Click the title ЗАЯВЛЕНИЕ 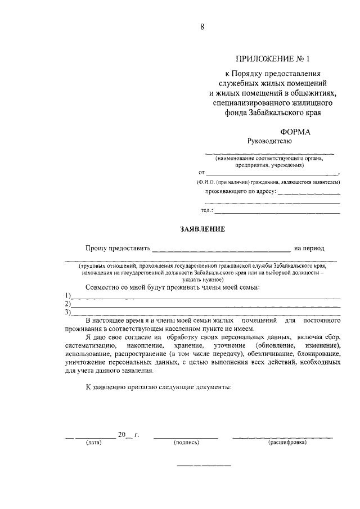(202, 229)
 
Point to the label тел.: (207, 210)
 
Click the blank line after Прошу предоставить (221, 249)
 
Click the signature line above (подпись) (186, 437)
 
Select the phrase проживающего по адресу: (241, 191)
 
